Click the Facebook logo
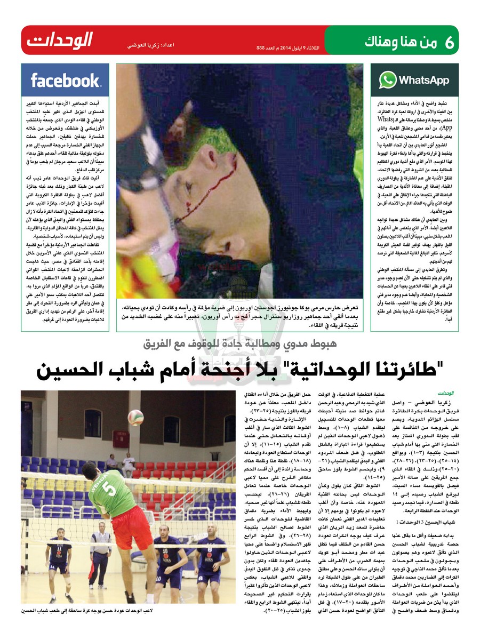click(x=65, y=81)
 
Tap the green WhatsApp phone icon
click(x=388, y=80)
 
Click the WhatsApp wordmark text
click(x=423, y=81)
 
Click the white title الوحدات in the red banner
click(x=60, y=41)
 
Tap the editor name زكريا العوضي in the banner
click(x=136, y=46)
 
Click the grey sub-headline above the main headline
click(x=240, y=345)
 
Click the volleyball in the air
click(x=135, y=417)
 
